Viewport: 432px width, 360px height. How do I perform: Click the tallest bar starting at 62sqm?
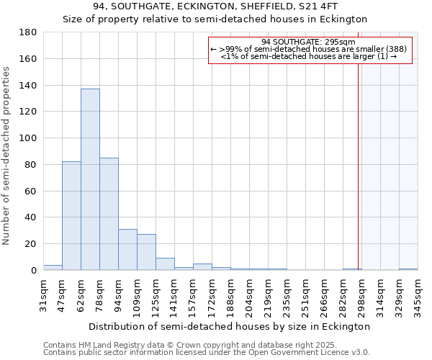90,179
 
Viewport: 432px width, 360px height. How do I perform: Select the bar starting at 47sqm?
71,216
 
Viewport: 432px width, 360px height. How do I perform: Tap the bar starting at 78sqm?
109,214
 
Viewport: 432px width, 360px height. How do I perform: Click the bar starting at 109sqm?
146,252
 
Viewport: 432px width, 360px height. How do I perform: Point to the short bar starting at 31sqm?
53,268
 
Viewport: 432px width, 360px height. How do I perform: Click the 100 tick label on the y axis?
28,138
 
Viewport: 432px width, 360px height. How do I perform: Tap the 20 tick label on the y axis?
31,244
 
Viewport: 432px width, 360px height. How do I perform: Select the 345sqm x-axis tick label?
418,294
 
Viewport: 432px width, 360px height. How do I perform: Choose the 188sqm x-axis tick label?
230,294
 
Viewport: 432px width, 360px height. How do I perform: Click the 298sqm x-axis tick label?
361,294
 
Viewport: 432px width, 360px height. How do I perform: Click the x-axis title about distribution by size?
230,326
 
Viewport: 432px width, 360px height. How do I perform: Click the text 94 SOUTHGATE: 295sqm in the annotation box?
310,42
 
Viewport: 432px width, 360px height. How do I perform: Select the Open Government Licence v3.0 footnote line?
207,352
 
